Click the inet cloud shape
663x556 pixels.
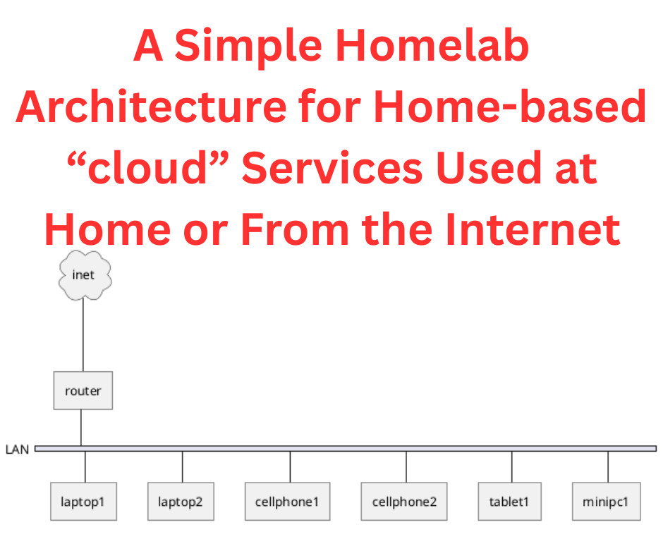tap(85, 275)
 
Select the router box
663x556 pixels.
tap(83, 391)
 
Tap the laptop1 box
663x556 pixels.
tap(83, 502)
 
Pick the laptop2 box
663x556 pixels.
tap(181, 502)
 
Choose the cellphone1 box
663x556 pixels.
tap(288, 502)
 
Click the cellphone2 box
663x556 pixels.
tap(404, 502)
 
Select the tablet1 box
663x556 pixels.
tap(509, 502)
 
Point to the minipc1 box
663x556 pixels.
tap(607, 502)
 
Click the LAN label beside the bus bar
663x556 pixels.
tap(18, 449)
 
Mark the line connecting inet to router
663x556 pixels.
tap(83, 336)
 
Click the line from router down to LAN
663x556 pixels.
tap(81, 428)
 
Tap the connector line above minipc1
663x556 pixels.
tap(608, 466)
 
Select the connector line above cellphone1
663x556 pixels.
tap(290, 466)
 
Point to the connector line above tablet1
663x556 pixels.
tap(511, 466)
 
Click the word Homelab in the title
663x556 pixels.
tap(432, 45)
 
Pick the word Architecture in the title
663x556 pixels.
tap(152, 107)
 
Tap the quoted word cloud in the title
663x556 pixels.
tap(147, 167)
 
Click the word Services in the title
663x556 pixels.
tap(332, 168)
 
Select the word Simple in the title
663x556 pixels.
tap(248, 47)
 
